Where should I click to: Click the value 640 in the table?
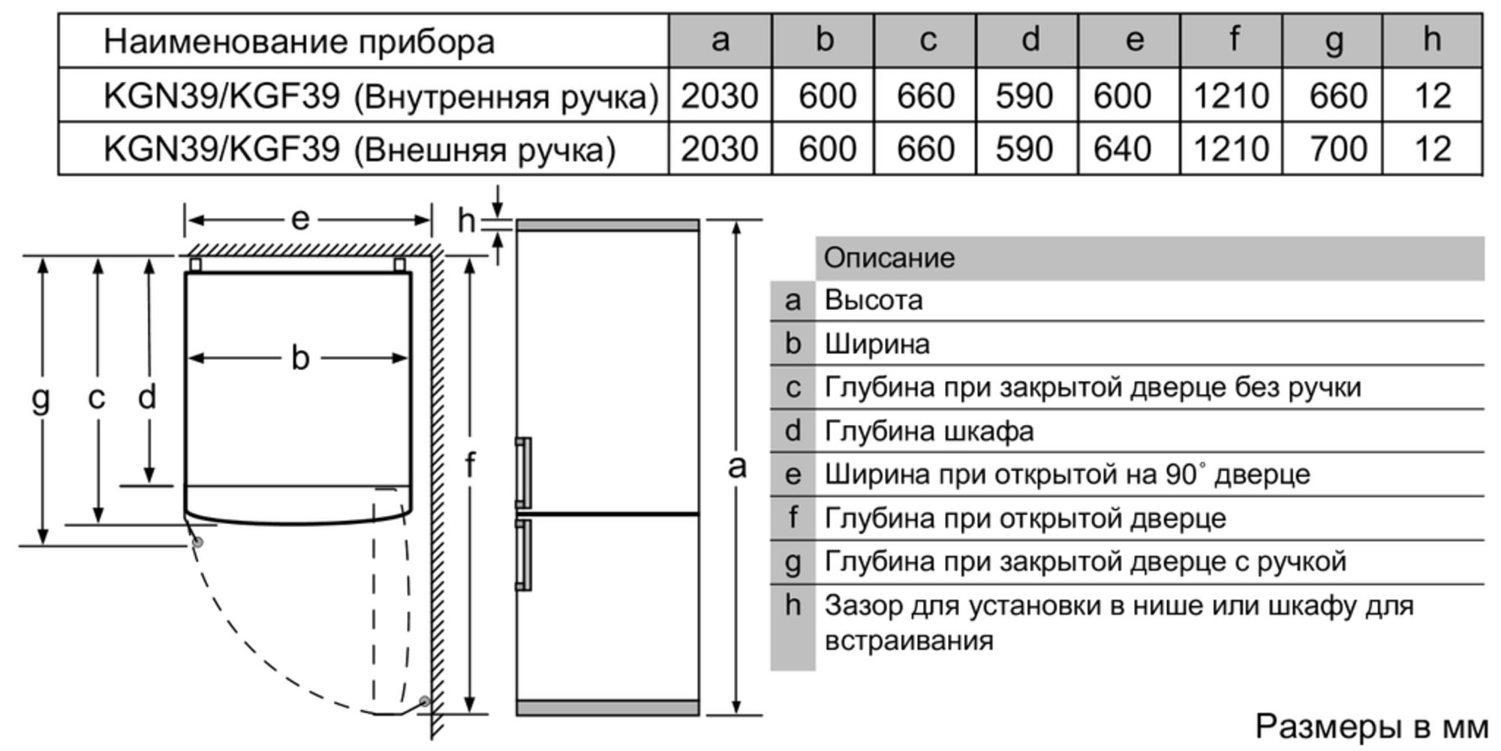[x=1123, y=149]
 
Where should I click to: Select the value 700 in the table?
[x=1337, y=149]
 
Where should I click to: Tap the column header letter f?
[x=1233, y=39]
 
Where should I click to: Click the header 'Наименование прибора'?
[x=299, y=41]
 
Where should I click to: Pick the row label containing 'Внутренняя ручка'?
[x=381, y=96]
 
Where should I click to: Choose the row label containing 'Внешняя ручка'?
[x=359, y=149]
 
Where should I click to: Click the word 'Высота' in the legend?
[x=874, y=300]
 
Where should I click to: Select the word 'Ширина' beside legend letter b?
[x=877, y=344]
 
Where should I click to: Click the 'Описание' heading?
[x=889, y=258]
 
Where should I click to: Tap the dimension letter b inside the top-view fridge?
[x=300, y=358]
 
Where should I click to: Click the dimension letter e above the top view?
[x=300, y=219]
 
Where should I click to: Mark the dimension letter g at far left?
[x=41, y=398]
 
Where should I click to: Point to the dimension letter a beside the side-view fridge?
[x=737, y=467]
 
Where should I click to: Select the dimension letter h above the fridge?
[x=466, y=221]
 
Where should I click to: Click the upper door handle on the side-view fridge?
[x=524, y=473]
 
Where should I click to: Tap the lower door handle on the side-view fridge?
[x=524, y=554]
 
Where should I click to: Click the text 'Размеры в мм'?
[x=1371, y=726]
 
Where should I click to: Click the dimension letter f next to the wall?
[x=470, y=466]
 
